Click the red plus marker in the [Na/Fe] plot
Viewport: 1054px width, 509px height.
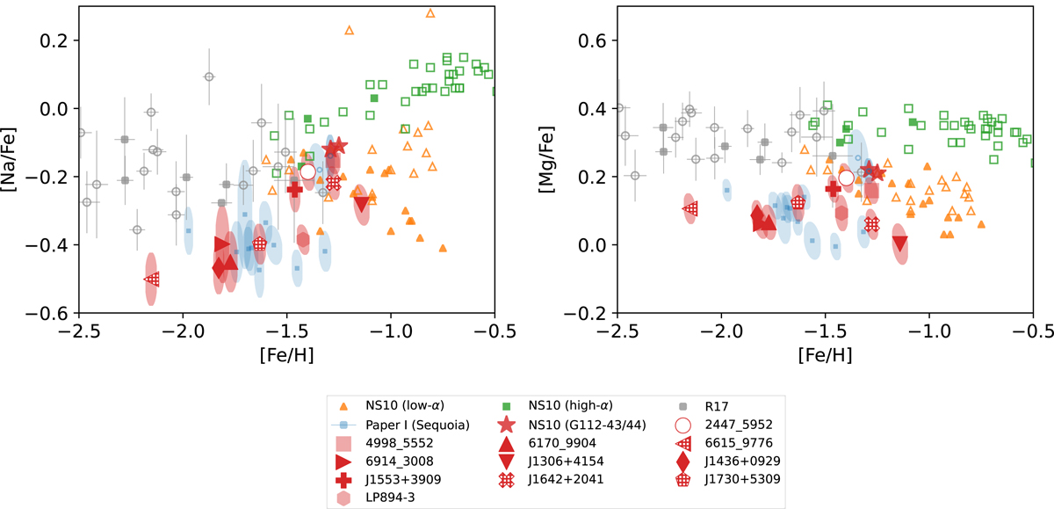coord(295,189)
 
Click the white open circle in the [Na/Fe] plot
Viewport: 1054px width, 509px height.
coord(307,171)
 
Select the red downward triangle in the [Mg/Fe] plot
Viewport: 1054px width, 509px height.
coord(899,244)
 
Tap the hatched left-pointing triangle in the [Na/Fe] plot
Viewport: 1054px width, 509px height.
coord(152,279)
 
